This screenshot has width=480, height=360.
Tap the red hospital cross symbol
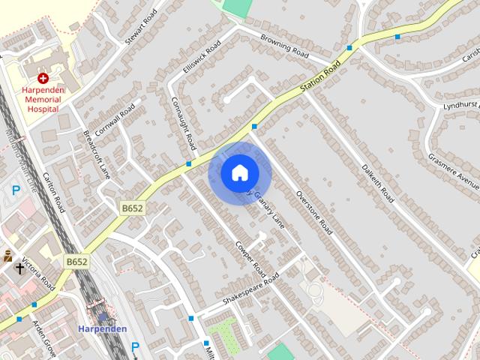(x=43, y=78)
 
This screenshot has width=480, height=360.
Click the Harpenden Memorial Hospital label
(x=43, y=99)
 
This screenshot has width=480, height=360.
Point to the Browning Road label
(x=284, y=46)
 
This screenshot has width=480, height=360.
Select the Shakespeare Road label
(x=251, y=289)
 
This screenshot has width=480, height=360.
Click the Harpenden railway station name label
(x=102, y=328)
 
